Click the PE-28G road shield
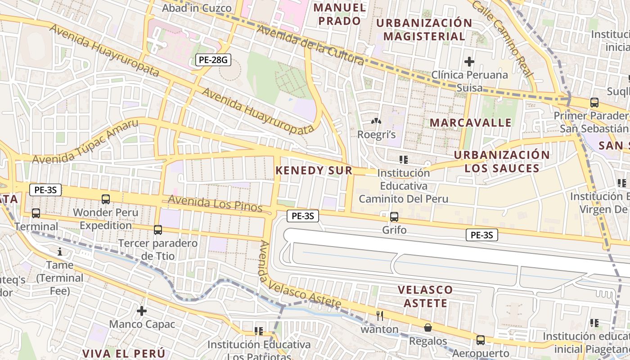pyautogui.click(x=213, y=60)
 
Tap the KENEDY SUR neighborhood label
pyautogui.click(x=314, y=170)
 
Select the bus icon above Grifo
pyautogui.click(x=394, y=217)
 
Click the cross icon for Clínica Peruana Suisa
pyautogui.click(x=469, y=61)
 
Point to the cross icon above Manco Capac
pyautogui.click(x=142, y=311)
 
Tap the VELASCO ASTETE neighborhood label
pyautogui.click(x=425, y=296)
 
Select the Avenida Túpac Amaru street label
pyautogui.click(x=85, y=142)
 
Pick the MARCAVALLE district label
pyautogui.click(x=471, y=122)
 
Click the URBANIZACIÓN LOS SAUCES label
pyautogui.click(x=502, y=162)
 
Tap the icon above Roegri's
pyautogui.click(x=376, y=121)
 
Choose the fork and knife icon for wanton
pyautogui.click(x=380, y=316)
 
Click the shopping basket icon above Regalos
pyautogui.click(x=427, y=328)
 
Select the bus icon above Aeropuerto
pyautogui.click(x=481, y=340)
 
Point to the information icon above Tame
pyautogui.click(x=59, y=252)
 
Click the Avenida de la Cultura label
pyautogui.click(x=310, y=45)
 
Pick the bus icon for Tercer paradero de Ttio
pyautogui.click(x=158, y=230)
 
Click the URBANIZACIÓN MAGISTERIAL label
pyautogui.click(x=424, y=30)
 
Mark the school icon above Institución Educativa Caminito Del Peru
pyautogui.click(x=404, y=159)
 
